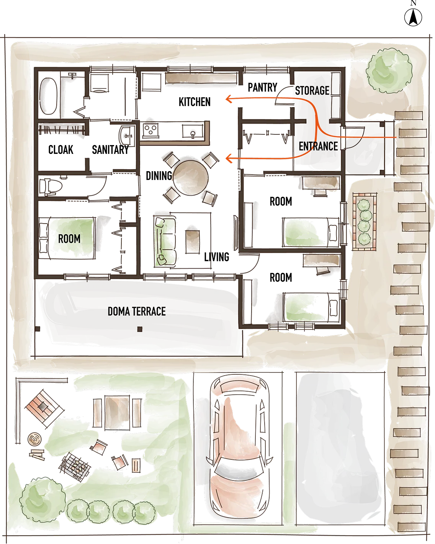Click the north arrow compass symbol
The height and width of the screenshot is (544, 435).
coord(413,17)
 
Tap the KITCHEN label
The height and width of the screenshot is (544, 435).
coord(195,102)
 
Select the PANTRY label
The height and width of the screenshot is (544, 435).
coord(263,87)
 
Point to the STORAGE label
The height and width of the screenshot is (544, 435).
coord(312,90)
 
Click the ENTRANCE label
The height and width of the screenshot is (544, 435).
coord(318,146)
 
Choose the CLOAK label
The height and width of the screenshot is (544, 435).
coord(61,150)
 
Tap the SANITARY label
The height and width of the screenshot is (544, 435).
coord(110,150)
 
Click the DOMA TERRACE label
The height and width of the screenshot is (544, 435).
coord(137,312)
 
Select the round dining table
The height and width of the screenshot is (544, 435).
coord(191,178)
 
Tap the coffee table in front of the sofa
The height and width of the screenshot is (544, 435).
coord(193,242)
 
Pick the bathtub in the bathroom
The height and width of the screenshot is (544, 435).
coord(49,96)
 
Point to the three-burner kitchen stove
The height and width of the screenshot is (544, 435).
coord(151,130)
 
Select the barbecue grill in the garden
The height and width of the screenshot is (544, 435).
coord(75,467)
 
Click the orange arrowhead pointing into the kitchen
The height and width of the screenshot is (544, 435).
coord(229,99)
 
